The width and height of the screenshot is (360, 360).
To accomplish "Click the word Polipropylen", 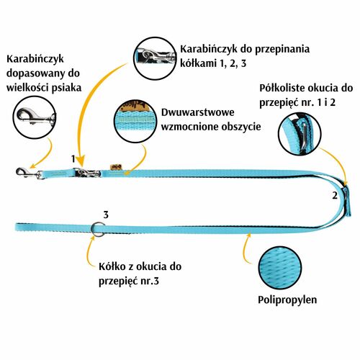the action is coord(287,300).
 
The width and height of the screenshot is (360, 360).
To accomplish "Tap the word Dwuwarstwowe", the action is coord(197,112).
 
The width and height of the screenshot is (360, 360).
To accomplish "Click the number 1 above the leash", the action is coord(73,159).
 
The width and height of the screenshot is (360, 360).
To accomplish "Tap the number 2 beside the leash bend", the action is coord(335,196).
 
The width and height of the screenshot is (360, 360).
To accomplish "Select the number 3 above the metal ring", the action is coord(106,215).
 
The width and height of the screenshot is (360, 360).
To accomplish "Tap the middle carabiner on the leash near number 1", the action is coord(87,173).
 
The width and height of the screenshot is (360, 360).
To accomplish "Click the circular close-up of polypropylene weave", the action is coord(280,268).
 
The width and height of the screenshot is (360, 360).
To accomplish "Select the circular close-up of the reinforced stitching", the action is coord(135,121).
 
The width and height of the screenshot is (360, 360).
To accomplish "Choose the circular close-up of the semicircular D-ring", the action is coord(300,134).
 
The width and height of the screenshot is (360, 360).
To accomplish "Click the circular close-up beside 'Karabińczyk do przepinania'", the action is coord(155,58).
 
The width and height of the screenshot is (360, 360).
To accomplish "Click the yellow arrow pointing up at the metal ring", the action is coord(91,250).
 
